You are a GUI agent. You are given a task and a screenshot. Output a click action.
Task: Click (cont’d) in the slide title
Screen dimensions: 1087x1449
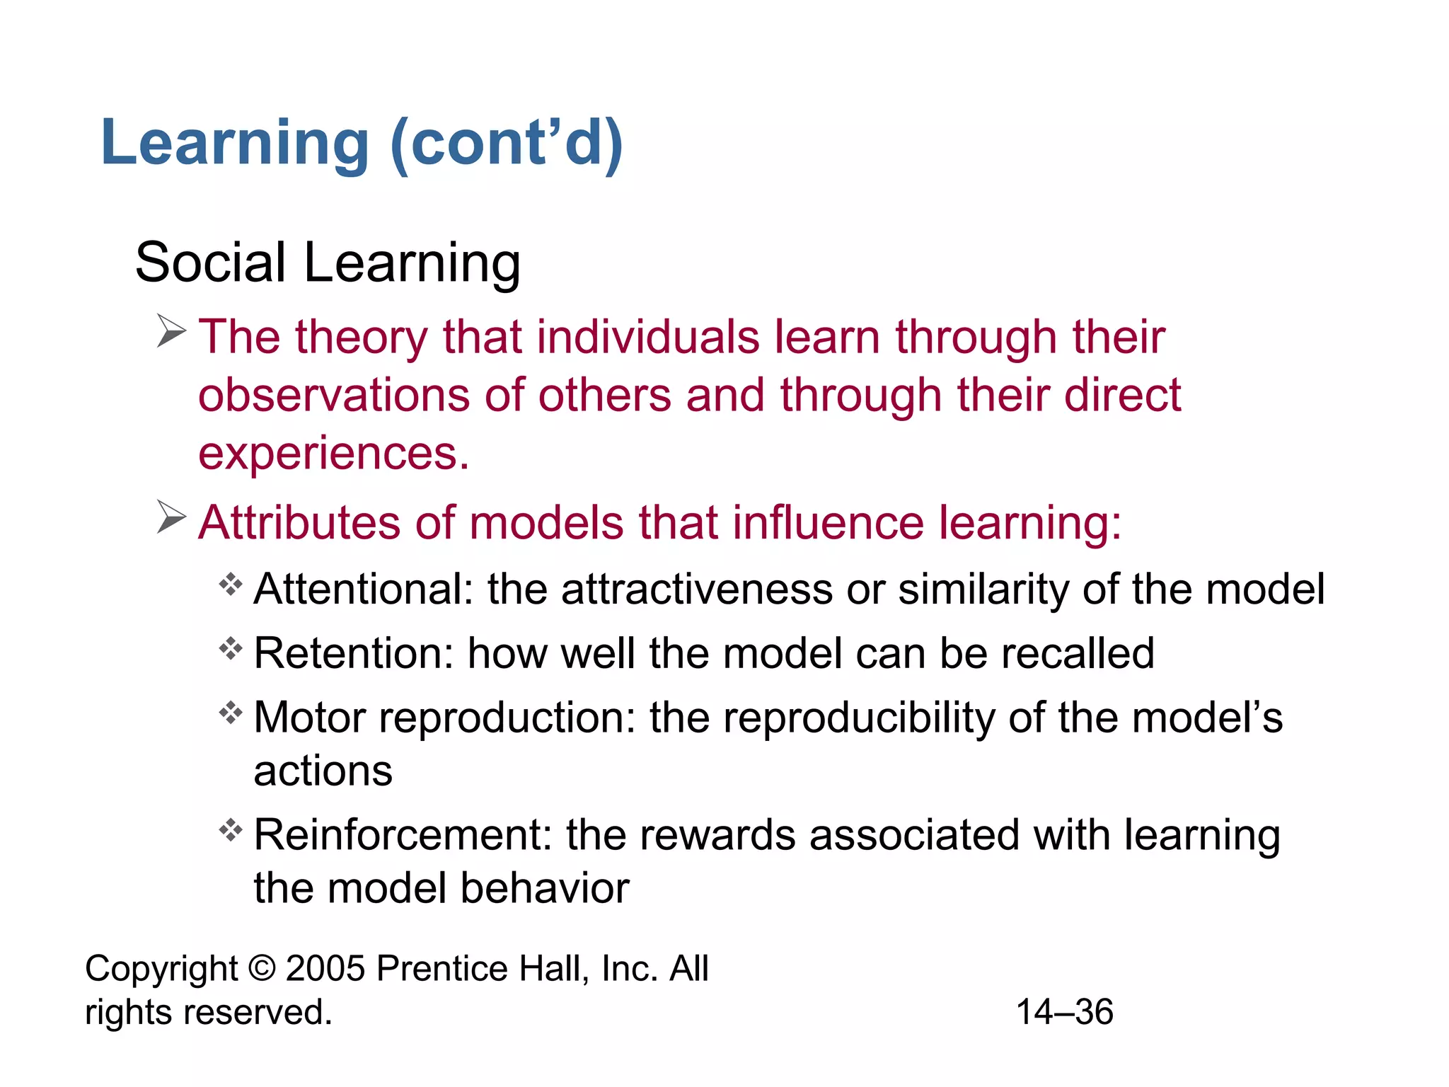click(x=507, y=144)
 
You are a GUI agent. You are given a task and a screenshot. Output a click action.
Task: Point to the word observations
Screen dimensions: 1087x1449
click(x=333, y=395)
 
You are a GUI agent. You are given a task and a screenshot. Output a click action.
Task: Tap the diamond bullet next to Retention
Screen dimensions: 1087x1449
click(x=231, y=648)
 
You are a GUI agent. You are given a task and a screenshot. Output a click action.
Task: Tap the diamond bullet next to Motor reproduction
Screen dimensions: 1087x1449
click(x=231, y=712)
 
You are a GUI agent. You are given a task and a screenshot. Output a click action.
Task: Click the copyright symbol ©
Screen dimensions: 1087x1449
click(x=262, y=968)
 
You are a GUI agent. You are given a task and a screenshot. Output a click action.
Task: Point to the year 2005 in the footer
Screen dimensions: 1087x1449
click(x=325, y=968)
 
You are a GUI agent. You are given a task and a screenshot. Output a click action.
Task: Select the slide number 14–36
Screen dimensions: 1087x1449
click(x=1064, y=1012)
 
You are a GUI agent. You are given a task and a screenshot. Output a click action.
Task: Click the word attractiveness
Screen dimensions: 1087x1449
click(x=697, y=589)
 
